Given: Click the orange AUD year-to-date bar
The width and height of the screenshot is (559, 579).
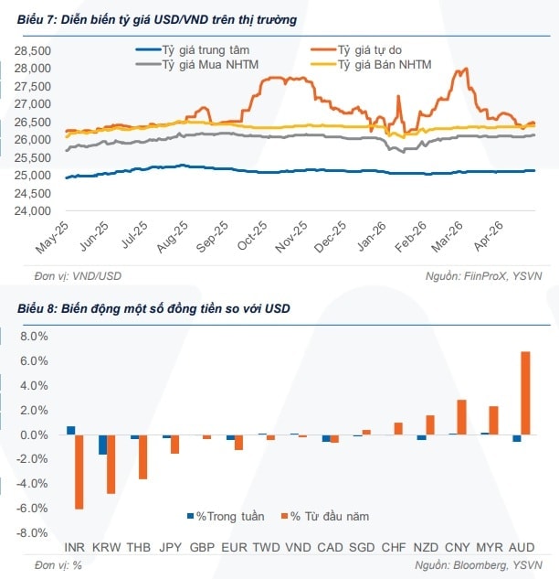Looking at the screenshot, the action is tap(525, 393).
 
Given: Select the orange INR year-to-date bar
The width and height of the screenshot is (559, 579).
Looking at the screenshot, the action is tap(79, 472).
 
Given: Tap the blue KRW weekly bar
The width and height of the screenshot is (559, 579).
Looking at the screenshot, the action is tap(102, 445).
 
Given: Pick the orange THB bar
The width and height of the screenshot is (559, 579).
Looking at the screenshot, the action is tap(142, 456).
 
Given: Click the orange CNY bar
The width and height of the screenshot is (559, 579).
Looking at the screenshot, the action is tap(461, 417).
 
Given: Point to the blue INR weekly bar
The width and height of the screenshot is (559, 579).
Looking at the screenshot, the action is tap(71, 431).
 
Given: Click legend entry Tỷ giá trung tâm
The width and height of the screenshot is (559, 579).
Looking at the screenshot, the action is tap(193, 49).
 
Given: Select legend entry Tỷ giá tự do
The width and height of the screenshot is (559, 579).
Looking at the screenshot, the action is tap(356, 49).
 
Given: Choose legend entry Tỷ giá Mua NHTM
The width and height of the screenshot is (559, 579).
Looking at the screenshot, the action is tap(197, 65).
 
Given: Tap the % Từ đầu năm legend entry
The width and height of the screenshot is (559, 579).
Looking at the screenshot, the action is tap(325, 516).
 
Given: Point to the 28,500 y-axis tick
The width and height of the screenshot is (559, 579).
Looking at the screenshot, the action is tap(33, 50).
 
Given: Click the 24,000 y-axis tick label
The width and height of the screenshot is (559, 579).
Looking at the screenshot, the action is tap(33, 211).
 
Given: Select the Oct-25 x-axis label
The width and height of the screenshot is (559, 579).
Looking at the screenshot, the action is tap(252, 236).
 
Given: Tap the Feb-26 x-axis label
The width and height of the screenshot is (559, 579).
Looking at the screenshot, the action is tap(410, 237).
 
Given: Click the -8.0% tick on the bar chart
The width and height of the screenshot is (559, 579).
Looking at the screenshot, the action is tap(32, 533).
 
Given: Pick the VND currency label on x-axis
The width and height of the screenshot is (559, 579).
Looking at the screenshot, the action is tap(299, 547).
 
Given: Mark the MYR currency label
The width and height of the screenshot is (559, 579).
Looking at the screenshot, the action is tap(490, 547).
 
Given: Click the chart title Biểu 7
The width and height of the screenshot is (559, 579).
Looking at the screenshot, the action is tap(157, 19).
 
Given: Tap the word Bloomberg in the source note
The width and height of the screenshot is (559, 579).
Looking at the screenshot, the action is tap(479, 565).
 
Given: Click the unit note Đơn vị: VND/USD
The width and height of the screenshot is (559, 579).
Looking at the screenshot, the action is tap(78, 276).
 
